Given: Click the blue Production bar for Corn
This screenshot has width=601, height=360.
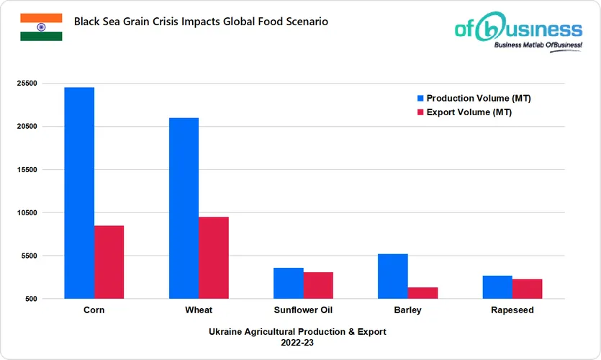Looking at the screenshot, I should pyautogui.click(x=79, y=193).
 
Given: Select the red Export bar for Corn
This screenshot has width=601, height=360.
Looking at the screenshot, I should pyautogui.click(x=109, y=262).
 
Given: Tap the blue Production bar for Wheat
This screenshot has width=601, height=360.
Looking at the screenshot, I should pyautogui.click(x=184, y=208).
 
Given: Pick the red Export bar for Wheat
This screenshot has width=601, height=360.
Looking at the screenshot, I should pyautogui.click(x=214, y=258).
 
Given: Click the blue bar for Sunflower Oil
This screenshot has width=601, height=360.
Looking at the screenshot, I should pyautogui.click(x=289, y=283).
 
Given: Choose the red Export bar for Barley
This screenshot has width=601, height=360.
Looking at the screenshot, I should pyautogui.click(x=422, y=293).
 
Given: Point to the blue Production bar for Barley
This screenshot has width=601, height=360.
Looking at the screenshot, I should pyautogui.click(x=393, y=276).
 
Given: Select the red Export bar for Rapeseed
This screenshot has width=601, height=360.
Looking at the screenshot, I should pyautogui.click(x=527, y=289).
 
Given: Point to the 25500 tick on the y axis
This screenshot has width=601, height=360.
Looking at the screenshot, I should pyautogui.click(x=26, y=84).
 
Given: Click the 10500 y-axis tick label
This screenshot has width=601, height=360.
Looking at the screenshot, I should pyautogui.click(x=26, y=213).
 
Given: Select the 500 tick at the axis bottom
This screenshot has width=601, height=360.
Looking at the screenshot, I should pyautogui.click(x=31, y=299).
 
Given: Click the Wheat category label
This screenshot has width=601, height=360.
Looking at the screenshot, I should pyautogui.click(x=199, y=310).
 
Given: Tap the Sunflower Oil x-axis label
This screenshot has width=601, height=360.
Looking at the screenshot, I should pyautogui.click(x=303, y=310).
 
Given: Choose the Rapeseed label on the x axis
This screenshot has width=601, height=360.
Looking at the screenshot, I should pyautogui.click(x=512, y=310).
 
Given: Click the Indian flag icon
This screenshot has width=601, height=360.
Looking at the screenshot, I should pyautogui.click(x=41, y=27).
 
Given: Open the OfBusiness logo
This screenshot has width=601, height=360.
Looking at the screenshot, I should pyautogui.click(x=518, y=32).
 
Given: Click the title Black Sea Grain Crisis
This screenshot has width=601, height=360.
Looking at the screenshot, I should pyautogui.click(x=201, y=22).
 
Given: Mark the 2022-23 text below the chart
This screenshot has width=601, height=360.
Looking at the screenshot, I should pyautogui.click(x=297, y=343).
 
